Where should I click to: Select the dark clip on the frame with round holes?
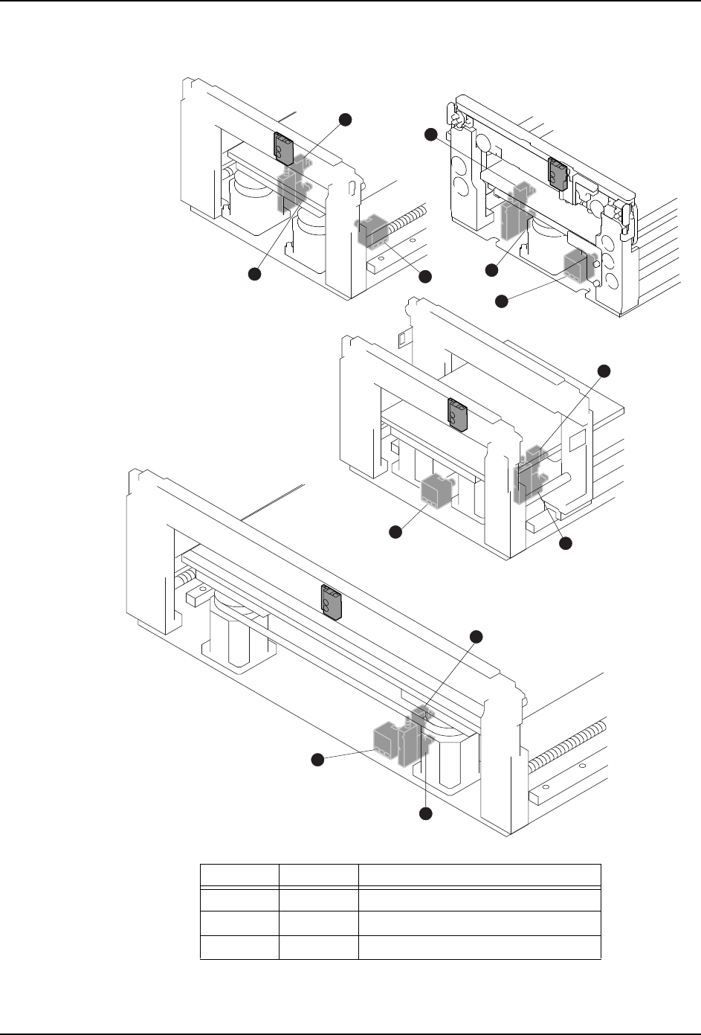[558, 172]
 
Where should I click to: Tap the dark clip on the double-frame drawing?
[456, 414]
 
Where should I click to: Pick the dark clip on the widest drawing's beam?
[331, 601]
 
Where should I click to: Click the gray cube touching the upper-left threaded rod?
[372, 232]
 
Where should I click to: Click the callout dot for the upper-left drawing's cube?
[425, 276]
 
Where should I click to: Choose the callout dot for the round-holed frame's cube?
[501, 301]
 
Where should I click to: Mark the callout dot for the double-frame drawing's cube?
[395, 532]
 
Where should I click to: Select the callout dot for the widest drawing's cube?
[317, 759]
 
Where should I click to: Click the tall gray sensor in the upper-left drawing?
[290, 188]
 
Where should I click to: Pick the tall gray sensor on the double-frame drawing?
[529, 476]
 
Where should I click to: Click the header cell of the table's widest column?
[479, 874]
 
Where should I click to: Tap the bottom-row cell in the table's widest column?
[479, 947]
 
